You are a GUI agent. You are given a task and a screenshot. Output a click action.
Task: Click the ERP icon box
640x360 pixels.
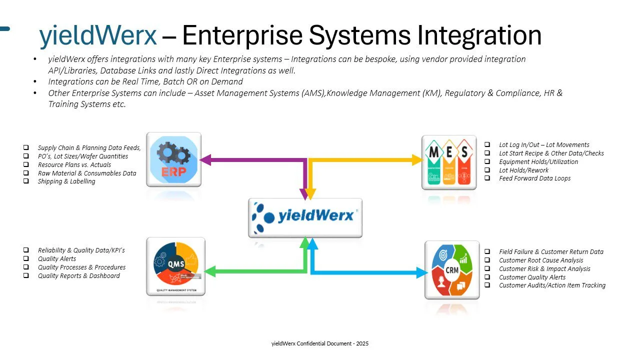(x=173, y=159)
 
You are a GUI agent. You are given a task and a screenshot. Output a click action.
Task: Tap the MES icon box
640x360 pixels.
(x=448, y=162)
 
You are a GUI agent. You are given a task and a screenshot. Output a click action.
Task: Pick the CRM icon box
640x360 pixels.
(x=451, y=269)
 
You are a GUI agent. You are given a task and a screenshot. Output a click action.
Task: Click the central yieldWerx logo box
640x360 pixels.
(x=305, y=217)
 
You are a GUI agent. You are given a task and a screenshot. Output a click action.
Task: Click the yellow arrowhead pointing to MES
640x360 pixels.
(x=418, y=160)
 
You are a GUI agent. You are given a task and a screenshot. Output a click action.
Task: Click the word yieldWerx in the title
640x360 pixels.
(x=98, y=35)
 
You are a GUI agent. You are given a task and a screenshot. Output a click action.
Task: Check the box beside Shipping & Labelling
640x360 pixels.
(x=25, y=181)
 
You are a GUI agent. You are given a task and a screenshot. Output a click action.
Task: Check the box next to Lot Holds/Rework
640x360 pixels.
(x=487, y=170)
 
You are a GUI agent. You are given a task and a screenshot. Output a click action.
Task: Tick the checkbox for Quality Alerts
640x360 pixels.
(x=25, y=259)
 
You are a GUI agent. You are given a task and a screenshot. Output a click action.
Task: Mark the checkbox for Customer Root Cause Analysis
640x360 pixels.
(x=487, y=260)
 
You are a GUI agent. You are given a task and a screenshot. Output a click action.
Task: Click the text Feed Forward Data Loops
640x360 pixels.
(x=534, y=178)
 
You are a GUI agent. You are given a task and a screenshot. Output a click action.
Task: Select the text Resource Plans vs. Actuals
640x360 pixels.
(x=74, y=164)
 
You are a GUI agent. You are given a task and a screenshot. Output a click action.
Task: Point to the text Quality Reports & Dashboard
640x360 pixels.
(x=79, y=275)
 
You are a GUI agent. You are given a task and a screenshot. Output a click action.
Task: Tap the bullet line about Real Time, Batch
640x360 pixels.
(x=145, y=81)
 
